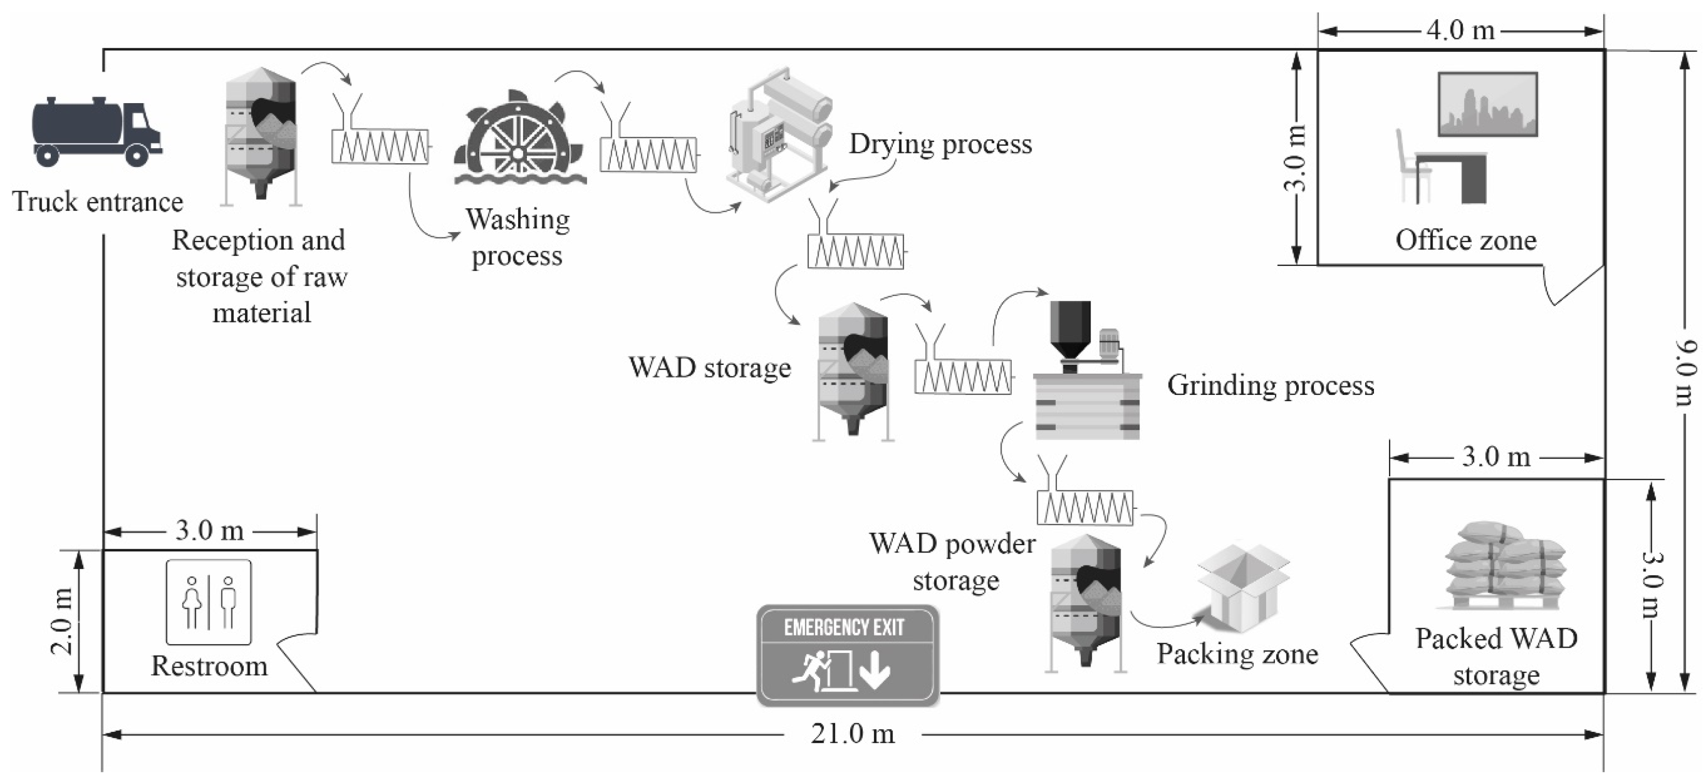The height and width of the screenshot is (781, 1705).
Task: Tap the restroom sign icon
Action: (x=208, y=602)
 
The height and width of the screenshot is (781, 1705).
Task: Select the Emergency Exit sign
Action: (x=848, y=655)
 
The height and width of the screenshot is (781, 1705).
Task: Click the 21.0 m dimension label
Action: (x=853, y=733)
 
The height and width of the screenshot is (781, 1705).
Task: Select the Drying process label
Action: (x=940, y=144)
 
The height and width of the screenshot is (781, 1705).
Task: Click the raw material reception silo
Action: (x=261, y=136)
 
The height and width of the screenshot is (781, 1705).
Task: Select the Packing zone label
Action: (x=1237, y=654)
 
